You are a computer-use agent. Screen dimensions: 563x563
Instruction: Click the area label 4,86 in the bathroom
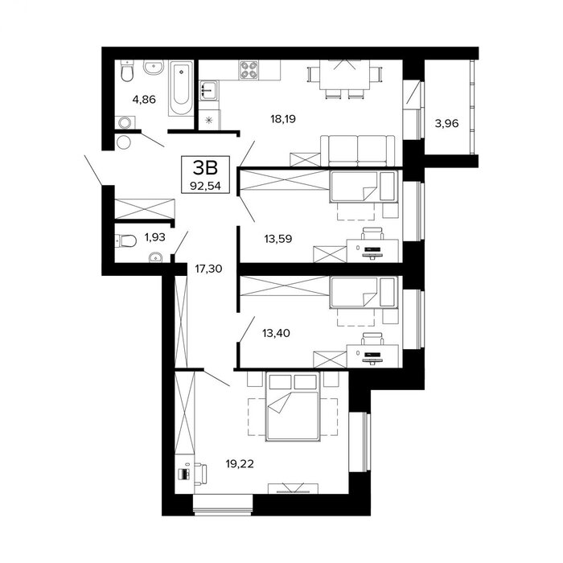pos(144,99)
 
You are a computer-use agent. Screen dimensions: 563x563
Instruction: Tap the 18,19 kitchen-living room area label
pos(283,118)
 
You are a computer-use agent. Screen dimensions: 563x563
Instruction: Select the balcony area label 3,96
pos(446,124)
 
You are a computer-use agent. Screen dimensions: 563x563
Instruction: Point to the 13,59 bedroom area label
pos(278,238)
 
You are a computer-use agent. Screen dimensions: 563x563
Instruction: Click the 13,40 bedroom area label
pos(276,333)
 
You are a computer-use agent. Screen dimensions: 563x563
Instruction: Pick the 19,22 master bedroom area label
pos(240,464)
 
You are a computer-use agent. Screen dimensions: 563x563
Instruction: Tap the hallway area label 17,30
pos(208,268)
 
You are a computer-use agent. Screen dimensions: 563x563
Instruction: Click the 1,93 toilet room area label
pos(154,237)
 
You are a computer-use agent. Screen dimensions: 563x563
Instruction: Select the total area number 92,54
pos(205,186)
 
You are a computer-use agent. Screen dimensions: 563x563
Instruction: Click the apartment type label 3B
pos(205,167)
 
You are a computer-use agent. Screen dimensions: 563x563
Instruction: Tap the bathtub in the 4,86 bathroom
pos(181,88)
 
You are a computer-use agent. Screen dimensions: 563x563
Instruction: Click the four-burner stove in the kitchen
pos(249,70)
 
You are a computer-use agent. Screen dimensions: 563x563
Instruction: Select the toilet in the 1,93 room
pos(125,240)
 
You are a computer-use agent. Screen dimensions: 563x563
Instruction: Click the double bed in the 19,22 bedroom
pos(292,406)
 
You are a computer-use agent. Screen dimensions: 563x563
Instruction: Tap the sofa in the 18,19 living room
pos(358,151)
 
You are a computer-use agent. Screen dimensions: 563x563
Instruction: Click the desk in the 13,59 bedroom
pos(372,251)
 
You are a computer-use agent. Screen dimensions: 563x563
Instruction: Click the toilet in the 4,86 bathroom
pos(127,71)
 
